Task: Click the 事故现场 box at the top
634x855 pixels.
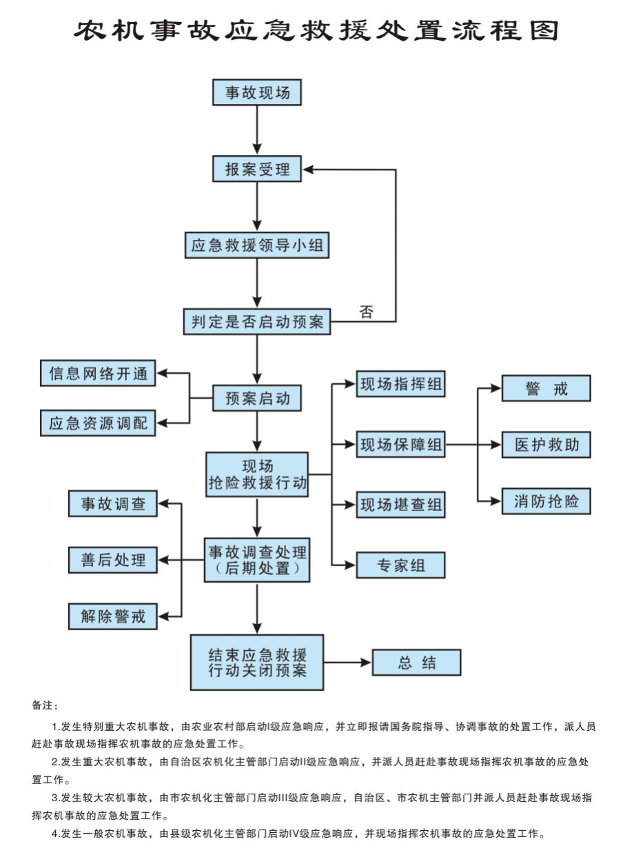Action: point(257,92)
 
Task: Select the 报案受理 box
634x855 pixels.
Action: point(257,169)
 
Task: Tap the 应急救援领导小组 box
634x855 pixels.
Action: point(257,245)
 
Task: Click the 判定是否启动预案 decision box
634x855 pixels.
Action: point(257,321)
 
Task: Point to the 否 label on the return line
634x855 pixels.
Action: point(367,312)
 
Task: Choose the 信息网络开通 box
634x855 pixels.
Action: point(99,374)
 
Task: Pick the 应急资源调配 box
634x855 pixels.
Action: point(99,423)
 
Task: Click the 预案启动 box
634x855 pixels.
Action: point(257,398)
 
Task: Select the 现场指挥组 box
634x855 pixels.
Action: point(400,384)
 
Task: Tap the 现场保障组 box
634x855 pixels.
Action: point(400,445)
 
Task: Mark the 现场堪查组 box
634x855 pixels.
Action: point(400,505)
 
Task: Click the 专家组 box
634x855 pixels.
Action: point(400,565)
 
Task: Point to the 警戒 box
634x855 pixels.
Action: point(546,388)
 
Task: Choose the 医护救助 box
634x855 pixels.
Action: point(546,445)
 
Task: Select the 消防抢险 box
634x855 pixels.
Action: point(546,501)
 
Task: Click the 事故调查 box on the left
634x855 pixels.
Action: point(113,503)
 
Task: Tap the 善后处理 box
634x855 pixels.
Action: point(113,559)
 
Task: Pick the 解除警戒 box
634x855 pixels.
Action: point(113,616)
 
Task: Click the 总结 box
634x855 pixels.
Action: point(416,663)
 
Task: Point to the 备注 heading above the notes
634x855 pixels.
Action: point(45,705)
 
